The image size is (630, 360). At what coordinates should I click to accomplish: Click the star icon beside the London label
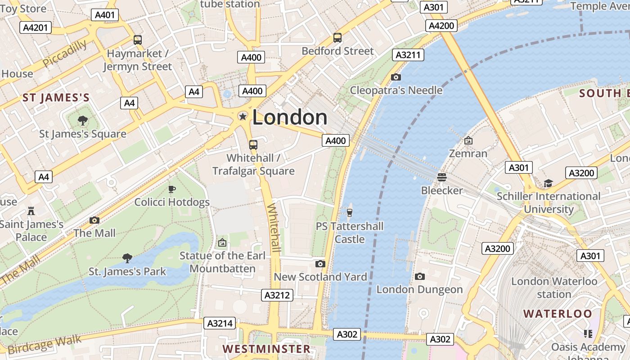coord(243,117)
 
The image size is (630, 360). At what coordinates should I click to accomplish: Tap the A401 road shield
coord(105,15)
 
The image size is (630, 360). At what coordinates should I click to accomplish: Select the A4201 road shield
coord(35,28)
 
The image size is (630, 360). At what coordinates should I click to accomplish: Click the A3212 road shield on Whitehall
coord(277,295)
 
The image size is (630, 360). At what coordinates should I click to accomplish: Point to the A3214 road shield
coord(220,323)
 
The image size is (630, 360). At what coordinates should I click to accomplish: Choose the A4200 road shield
coord(441,26)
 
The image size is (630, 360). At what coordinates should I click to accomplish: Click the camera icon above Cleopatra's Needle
coord(396,77)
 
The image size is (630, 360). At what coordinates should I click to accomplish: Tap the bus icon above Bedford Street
coord(337,38)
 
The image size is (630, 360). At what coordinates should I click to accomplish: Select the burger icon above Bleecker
coord(442,177)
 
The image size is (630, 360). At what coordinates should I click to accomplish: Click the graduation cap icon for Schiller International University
coord(548,183)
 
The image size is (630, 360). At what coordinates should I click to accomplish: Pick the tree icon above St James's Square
coord(83,120)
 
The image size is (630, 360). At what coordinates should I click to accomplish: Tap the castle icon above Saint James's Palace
coord(31,210)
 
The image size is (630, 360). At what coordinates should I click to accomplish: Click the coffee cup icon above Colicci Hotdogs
coord(171,189)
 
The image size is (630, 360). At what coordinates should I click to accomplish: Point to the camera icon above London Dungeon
coord(419,276)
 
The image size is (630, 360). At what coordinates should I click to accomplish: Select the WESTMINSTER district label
coord(266,349)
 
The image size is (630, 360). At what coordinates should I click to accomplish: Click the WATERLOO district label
coord(558,314)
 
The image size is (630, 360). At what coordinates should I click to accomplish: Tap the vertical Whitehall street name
coord(274,228)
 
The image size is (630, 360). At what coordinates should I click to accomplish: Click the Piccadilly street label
coord(65,54)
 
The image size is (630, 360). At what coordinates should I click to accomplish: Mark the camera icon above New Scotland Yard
coord(320,264)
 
